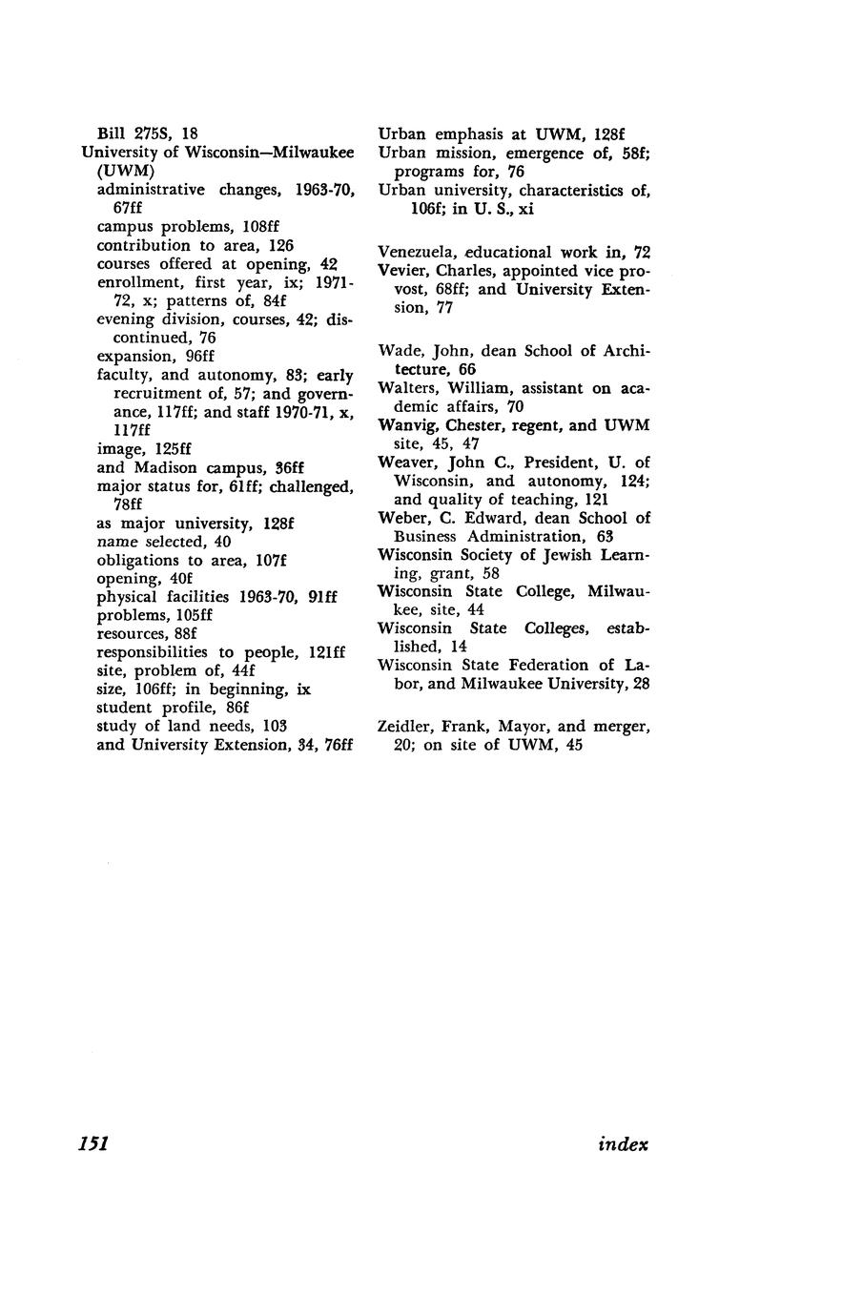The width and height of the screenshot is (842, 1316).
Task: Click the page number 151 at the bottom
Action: tap(92, 1144)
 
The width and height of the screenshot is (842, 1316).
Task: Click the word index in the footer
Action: tap(623, 1144)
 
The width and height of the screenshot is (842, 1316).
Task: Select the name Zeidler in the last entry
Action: tap(405, 727)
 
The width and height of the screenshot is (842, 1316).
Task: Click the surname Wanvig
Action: tap(406, 425)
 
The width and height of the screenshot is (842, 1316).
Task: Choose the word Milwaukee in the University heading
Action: tap(310, 153)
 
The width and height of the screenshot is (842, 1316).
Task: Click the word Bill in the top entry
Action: tap(112, 134)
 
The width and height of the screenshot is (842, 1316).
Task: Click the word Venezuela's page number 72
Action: tap(642, 252)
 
